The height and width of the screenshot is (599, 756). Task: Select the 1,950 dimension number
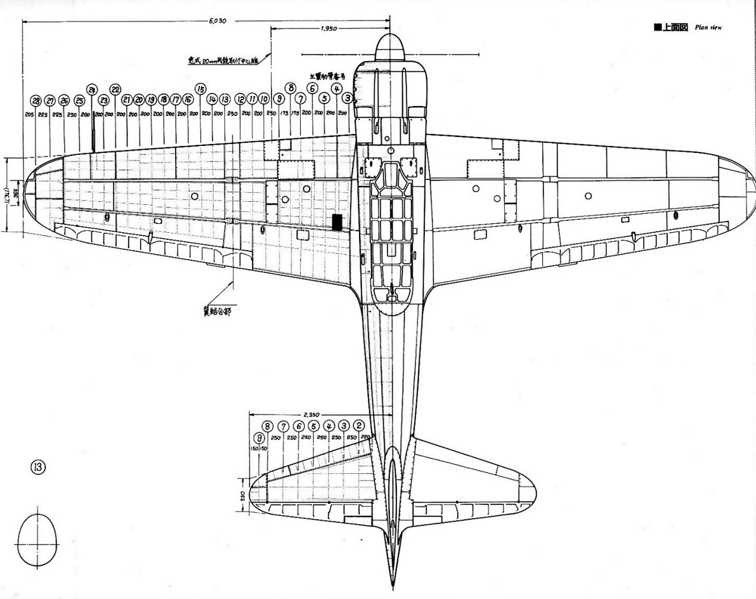[329, 28]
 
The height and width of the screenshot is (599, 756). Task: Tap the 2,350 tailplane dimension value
[311, 413]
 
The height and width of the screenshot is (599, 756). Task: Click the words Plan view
[708, 27]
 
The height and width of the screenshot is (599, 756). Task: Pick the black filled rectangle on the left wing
[337, 221]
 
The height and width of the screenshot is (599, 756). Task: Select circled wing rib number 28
[36, 101]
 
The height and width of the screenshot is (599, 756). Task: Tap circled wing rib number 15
[200, 89]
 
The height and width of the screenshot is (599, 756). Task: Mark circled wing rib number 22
[115, 89]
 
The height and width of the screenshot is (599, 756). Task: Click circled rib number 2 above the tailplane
[359, 426]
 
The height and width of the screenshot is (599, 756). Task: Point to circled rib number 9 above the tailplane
[258, 438]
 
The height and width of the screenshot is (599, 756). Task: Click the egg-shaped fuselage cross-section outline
[37, 539]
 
